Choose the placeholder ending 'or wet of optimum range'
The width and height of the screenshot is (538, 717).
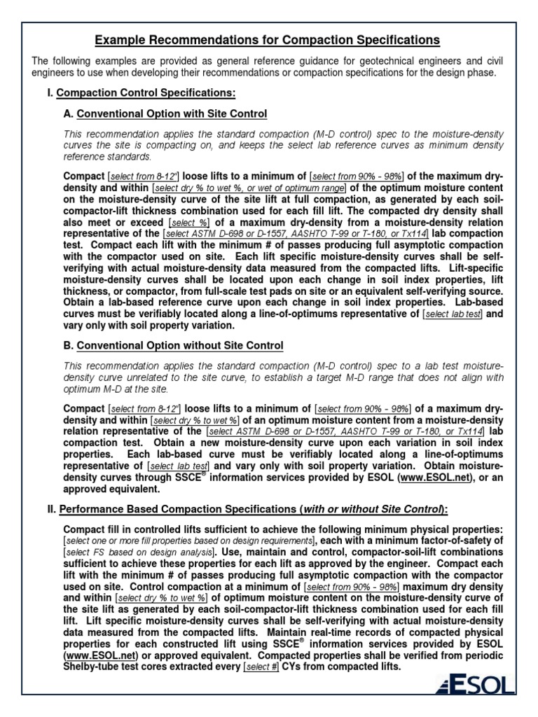(x=249, y=188)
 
